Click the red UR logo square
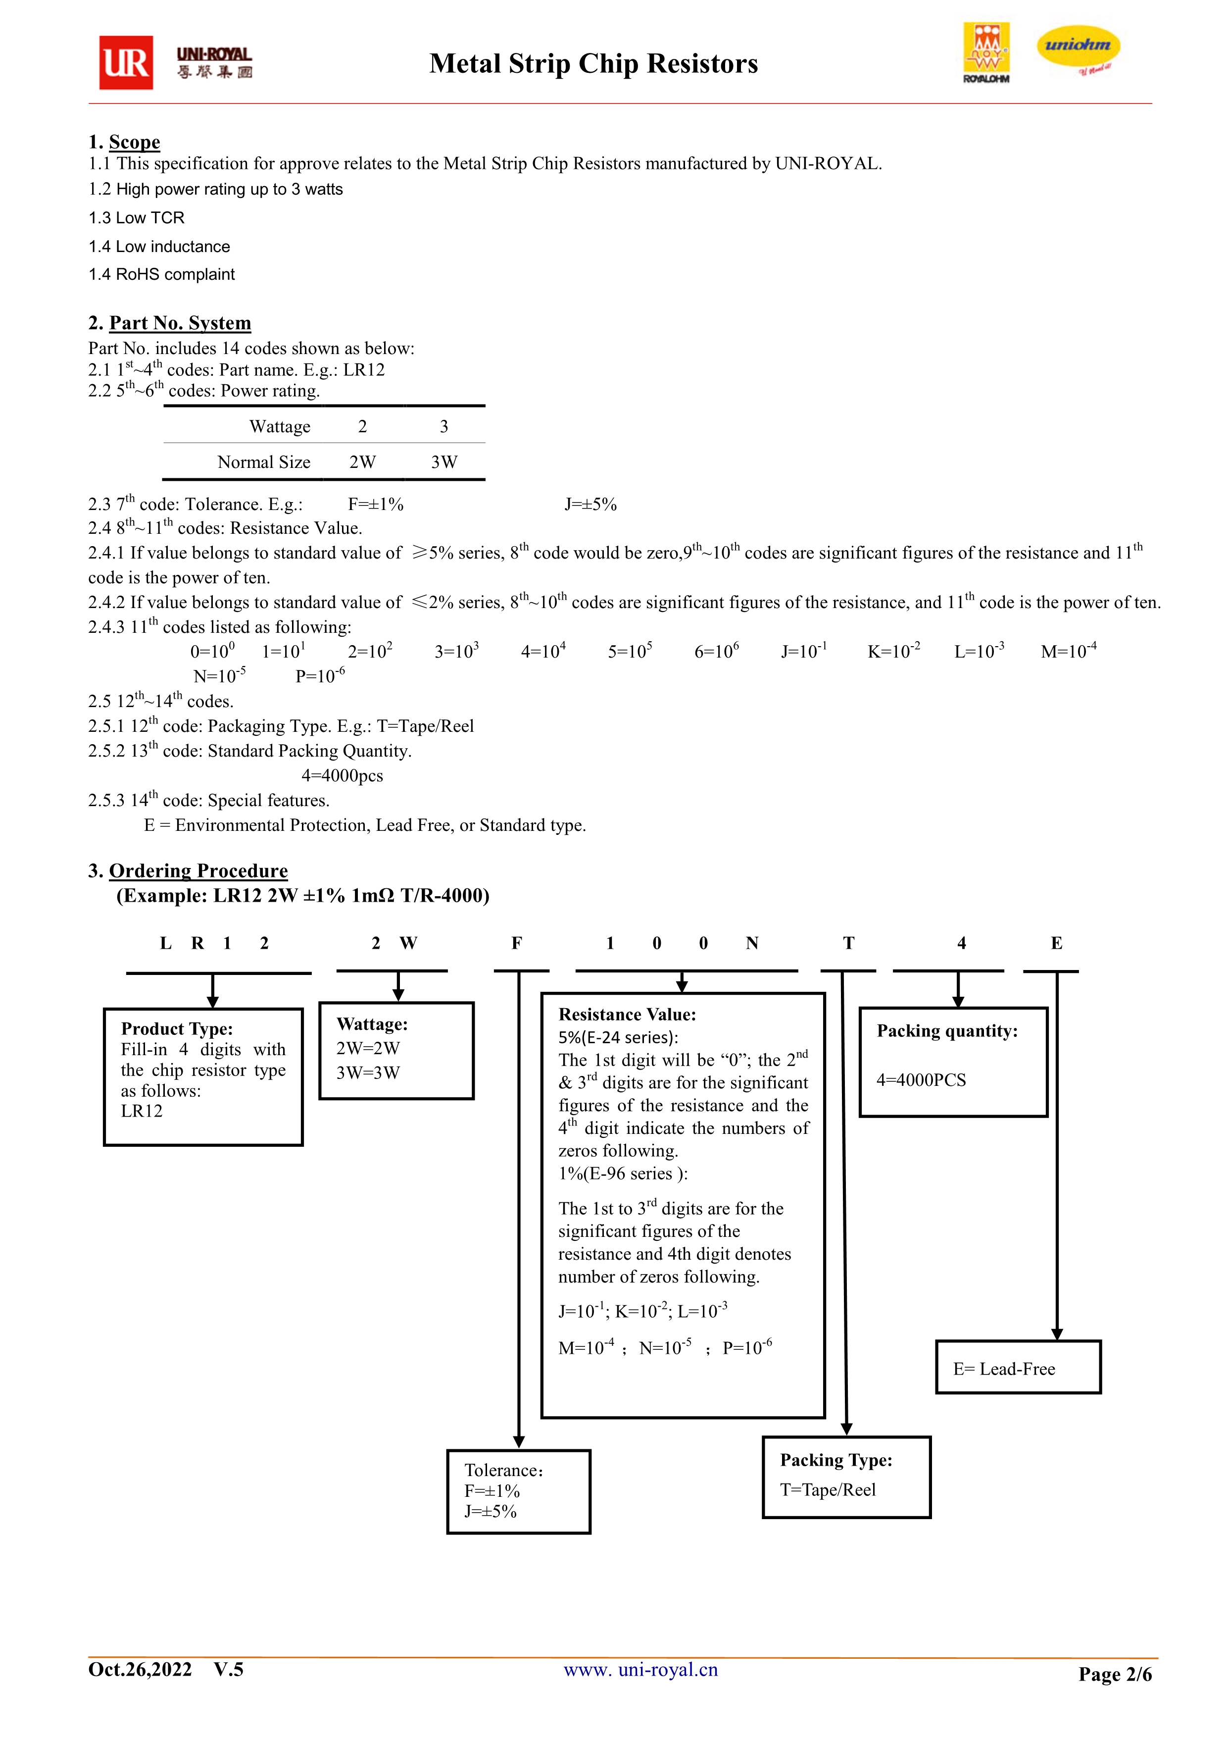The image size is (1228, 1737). [126, 63]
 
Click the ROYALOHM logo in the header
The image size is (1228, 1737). [986, 53]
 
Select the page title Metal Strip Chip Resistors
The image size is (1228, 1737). [593, 63]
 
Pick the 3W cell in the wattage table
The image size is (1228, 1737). [444, 461]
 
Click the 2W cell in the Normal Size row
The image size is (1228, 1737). [362, 461]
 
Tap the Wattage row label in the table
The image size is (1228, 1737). [280, 427]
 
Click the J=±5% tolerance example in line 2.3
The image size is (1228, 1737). [590, 504]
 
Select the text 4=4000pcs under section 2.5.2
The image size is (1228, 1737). [343, 775]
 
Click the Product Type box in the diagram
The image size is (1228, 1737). [203, 1076]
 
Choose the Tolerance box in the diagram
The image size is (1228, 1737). [519, 1491]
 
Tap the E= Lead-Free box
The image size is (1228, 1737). [1019, 1367]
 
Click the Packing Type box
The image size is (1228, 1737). [847, 1477]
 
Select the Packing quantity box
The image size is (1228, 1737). [953, 1062]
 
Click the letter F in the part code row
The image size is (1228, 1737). [517, 943]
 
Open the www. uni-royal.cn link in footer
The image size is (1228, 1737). [641, 1670]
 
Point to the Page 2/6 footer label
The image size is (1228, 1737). [1115, 1674]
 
